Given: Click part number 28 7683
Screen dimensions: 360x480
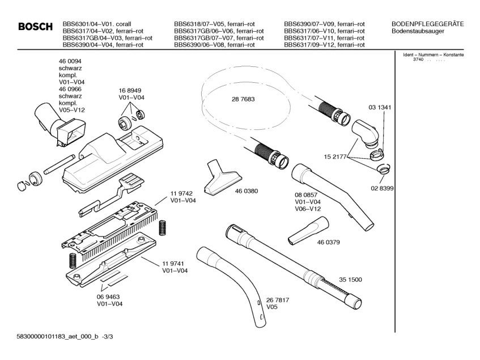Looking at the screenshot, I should click(243, 99).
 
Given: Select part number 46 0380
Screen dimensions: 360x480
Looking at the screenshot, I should click(247, 191).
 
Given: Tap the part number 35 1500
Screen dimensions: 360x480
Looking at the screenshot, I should click(351, 279).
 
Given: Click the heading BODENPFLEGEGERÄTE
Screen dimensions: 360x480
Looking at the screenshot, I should click(428, 24).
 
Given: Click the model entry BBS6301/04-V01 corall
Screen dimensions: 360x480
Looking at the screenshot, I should click(97, 24).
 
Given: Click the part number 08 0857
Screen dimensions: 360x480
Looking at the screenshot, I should click(307, 194).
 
